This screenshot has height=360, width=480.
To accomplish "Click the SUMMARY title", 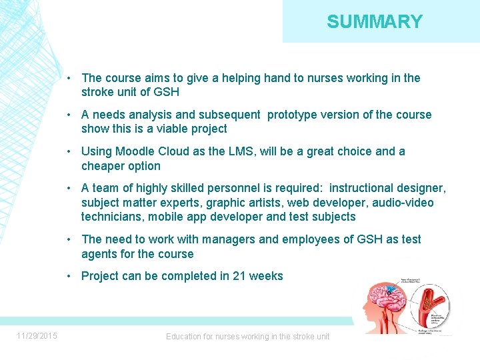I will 375,22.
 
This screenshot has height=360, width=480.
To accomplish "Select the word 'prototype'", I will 293,115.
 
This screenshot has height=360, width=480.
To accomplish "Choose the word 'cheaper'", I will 102,167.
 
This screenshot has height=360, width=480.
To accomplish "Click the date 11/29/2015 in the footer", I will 37,336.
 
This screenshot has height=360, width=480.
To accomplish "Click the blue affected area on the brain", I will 389,291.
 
